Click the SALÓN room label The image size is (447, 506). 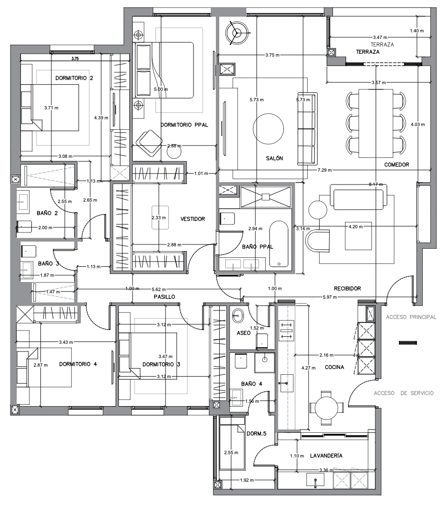pos(274,158)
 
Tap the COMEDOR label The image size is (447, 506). pos(397,165)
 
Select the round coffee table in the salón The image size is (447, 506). pos(269,129)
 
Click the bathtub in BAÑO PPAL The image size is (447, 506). pos(279,244)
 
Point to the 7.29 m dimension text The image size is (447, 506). pos(324,170)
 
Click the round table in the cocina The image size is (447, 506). pos(326,408)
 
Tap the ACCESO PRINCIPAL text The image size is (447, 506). pos(411,317)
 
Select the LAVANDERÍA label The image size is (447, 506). pos(326,456)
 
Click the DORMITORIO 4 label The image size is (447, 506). pos(78,364)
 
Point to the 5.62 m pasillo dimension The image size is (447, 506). pos(159,290)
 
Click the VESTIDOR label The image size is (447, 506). pos(193,219)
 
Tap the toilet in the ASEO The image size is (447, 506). pos(262,341)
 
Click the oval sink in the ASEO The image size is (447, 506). pos(238,315)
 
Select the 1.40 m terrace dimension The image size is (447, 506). pos(417,30)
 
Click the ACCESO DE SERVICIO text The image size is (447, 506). pos(404,393)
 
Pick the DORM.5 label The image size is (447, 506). pos(257,433)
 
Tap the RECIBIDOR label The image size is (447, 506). pos(347,289)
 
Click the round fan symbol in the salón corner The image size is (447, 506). pos(238,33)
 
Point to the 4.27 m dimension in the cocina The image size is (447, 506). pos(308,368)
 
